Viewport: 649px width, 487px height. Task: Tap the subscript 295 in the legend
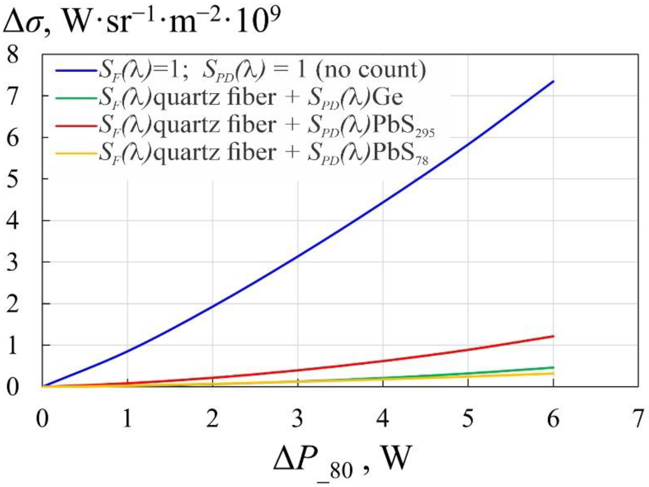(425, 133)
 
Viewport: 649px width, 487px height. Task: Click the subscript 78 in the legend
(422, 160)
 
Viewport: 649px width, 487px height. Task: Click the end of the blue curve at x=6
(553, 81)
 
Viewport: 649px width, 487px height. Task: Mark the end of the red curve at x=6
(553, 336)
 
